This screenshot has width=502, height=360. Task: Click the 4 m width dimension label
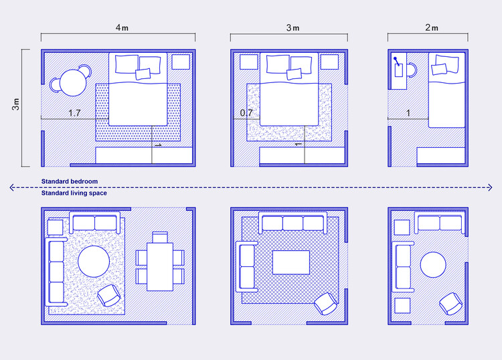pyautogui.click(x=122, y=28)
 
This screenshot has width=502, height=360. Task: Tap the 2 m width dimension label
pyautogui.click(x=432, y=28)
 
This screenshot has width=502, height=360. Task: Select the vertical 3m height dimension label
pyautogui.click(x=15, y=104)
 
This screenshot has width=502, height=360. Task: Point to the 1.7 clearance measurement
pyautogui.click(x=74, y=113)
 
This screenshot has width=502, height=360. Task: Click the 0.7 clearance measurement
pyautogui.click(x=246, y=112)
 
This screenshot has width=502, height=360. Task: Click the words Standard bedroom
pyautogui.click(x=70, y=181)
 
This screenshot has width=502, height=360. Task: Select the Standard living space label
pyautogui.click(x=74, y=193)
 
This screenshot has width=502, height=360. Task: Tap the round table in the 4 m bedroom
pyautogui.click(x=73, y=83)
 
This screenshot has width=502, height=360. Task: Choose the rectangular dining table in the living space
pyautogui.click(x=160, y=267)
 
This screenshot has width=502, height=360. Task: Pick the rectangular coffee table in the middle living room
pyautogui.click(x=291, y=262)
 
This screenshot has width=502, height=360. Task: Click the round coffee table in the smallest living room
pyautogui.click(x=433, y=264)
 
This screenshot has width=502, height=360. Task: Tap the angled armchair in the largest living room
pyautogui.click(x=109, y=296)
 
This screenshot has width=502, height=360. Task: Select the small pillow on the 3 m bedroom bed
pyautogui.click(x=294, y=74)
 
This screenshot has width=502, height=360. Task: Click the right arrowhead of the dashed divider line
pyautogui.click(x=490, y=187)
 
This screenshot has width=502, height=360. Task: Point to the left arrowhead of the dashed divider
pyautogui.click(x=12, y=187)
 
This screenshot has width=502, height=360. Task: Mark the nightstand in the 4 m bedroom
pyautogui.click(x=181, y=62)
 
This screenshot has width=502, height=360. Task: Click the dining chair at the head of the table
pyautogui.click(x=160, y=238)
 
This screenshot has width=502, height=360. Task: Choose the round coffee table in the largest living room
pyautogui.click(x=94, y=262)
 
